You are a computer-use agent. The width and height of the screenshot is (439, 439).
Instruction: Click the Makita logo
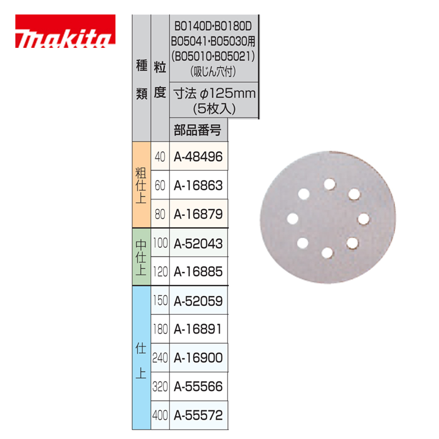(x=65, y=32)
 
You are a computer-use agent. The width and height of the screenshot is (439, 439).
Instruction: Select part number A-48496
(x=198, y=156)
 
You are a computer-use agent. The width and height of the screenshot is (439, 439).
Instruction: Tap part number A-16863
(x=198, y=185)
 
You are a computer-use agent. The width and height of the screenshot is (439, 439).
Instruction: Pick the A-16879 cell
(x=198, y=214)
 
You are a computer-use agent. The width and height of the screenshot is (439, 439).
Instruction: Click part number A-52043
(x=198, y=243)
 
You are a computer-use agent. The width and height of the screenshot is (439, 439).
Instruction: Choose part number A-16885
(x=198, y=272)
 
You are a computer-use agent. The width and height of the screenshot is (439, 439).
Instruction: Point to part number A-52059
(x=198, y=301)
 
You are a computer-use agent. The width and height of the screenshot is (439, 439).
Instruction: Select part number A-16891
(x=198, y=329)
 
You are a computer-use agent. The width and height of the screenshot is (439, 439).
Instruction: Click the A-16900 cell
(x=198, y=358)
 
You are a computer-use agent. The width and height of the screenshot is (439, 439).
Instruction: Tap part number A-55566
(x=198, y=387)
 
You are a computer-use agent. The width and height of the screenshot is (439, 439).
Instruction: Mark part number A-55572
(x=198, y=415)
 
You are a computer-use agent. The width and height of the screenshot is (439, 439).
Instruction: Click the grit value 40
(x=160, y=156)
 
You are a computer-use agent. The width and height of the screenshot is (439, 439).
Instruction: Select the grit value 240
(x=160, y=358)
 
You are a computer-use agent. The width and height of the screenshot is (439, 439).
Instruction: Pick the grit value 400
(x=160, y=415)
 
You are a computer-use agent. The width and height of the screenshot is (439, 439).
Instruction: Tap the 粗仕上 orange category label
(x=141, y=185)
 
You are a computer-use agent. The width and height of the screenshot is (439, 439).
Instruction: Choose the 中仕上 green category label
(x=141, y=257)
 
